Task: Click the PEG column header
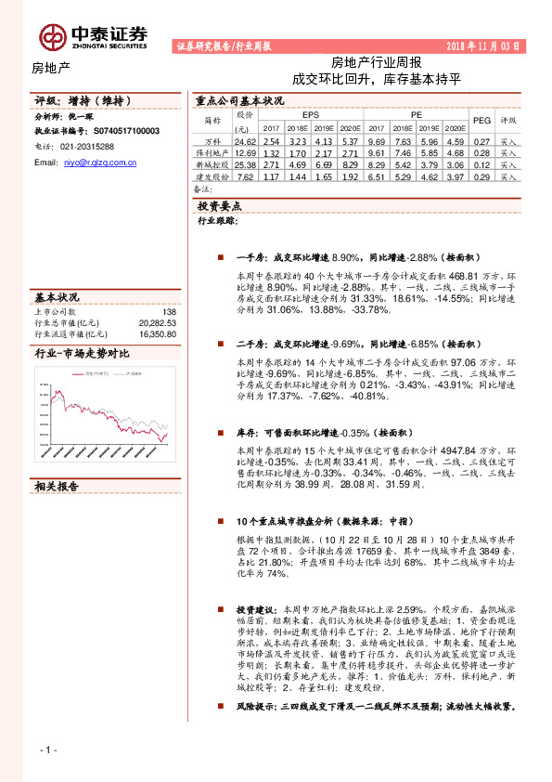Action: coord(481,120)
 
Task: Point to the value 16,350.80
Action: coord(157,333)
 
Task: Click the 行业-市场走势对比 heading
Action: coord(82,354)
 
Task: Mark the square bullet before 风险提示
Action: coord(215,707)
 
